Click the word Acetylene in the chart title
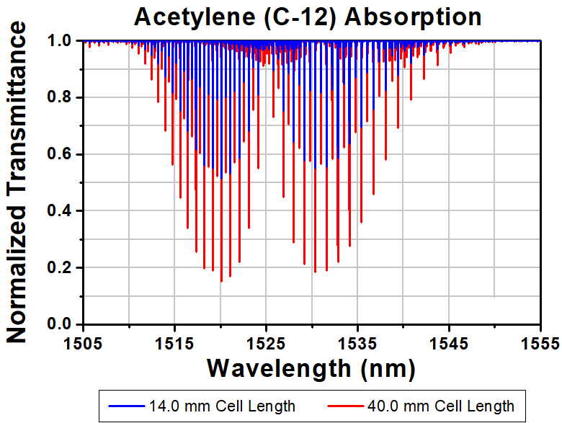195,17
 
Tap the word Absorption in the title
413,17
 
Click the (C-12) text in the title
300,17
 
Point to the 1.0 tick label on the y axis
61,41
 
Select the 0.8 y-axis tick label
61,97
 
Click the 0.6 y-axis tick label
61,154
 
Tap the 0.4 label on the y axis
61,211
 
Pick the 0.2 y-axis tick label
61,267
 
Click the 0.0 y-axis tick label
61,324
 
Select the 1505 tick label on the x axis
83,344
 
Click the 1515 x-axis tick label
174,344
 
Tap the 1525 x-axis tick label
266,344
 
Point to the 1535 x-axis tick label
357,344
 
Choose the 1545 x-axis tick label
449,344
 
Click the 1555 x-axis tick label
540,344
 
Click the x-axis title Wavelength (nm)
311,369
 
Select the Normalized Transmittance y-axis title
16,182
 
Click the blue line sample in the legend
127,406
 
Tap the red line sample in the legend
346,406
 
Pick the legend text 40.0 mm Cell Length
441,406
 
